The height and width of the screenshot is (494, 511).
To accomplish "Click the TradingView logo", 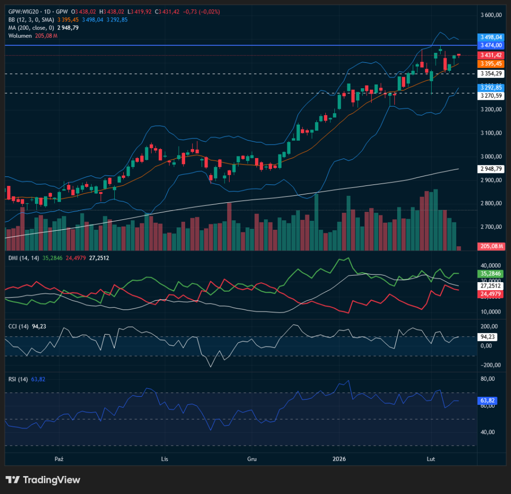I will click(x=43, y=480).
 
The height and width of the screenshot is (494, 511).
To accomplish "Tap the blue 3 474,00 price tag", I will click(x=491, y=45).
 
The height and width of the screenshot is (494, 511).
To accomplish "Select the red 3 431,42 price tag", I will click(x=491, y=55).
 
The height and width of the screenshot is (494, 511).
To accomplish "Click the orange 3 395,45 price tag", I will click(x=491, y=64).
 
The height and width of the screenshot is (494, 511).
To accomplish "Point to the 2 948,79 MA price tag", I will click(x=491, y=169).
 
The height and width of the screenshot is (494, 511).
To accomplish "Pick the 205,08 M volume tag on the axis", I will click(x=491, y=246).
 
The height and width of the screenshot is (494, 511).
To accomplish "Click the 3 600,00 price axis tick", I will click(x=491, y=15).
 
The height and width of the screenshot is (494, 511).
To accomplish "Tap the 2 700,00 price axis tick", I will click(x=491, y=227).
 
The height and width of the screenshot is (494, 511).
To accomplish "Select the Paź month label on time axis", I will click(x=59, y=459).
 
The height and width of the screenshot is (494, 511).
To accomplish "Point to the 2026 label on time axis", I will click(x=339, y=459).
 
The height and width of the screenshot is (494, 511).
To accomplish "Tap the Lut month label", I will click(x=430, y=459).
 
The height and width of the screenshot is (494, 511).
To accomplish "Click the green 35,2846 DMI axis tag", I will click(x=491, y=274).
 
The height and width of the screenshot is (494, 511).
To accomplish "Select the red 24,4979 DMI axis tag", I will click(x=491, y=295).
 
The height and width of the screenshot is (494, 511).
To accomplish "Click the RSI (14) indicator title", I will click(x=17, y=379).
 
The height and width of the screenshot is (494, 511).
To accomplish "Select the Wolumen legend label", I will click(x=20, y=35).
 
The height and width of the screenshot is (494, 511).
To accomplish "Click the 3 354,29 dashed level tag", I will click(x=491, y=73).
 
